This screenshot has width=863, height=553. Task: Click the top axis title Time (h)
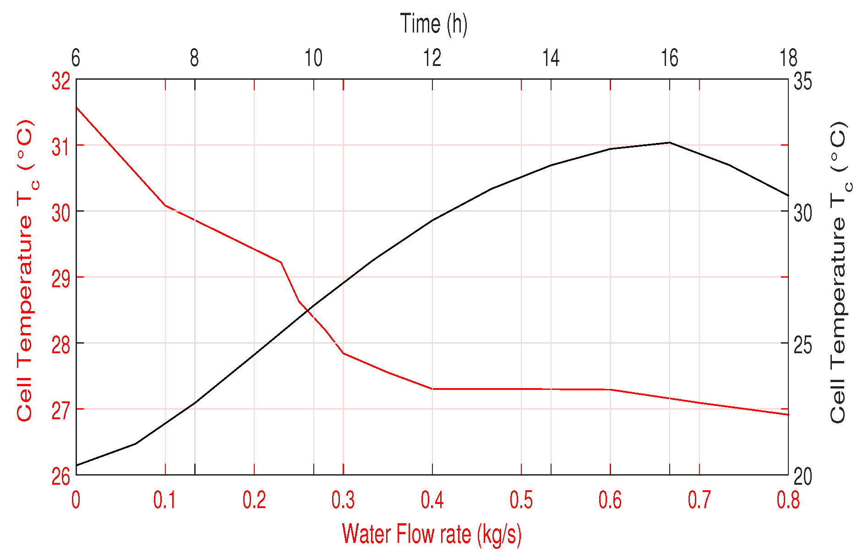tap(433, 24)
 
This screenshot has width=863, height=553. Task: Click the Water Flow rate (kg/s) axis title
tap(431, 534)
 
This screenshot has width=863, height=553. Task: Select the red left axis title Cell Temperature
tap(26, 270)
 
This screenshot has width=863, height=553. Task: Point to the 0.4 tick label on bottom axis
tap(432, 500)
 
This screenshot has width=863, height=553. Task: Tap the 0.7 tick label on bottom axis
tap(699, 500)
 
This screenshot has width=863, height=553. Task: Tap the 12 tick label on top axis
tap(432, 59)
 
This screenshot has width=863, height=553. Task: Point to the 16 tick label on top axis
tap(669, 59)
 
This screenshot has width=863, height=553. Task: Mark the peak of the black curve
tap(669, 142)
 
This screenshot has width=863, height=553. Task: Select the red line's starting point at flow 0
tap(76, 107)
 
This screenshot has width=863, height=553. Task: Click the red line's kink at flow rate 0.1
tap(165, 205)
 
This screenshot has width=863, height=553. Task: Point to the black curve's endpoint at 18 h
tap(788, 196)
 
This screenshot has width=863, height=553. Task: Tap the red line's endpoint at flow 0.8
tap(788, 415)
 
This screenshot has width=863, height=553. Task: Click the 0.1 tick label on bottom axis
tap(164, 500)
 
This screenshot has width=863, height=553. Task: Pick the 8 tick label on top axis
tap(195, 59)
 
